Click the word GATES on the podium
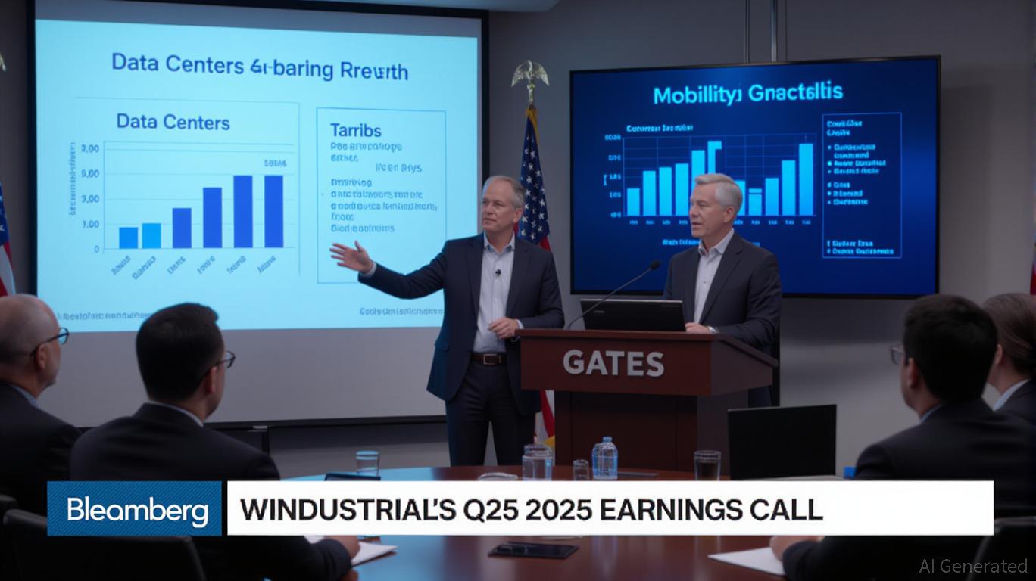613,364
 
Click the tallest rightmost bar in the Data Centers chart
273,211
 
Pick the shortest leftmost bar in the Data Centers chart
129,238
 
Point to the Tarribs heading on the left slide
355,130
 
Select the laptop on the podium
632,315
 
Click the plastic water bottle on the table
604,458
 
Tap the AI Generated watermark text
972,565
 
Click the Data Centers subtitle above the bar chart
173,121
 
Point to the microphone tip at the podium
655,266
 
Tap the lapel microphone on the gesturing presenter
498,272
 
